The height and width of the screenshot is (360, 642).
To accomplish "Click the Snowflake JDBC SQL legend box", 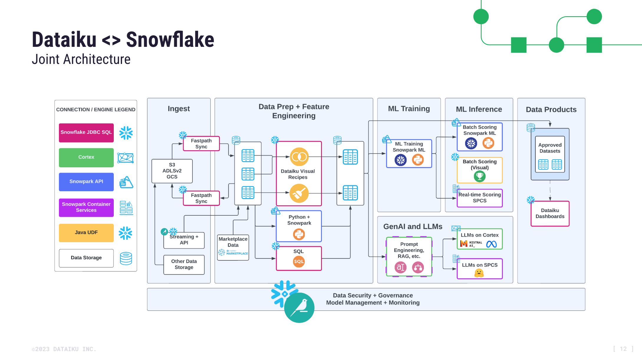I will click(x=86, y=133).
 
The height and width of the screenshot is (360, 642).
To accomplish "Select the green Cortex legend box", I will click(x=86, y=157).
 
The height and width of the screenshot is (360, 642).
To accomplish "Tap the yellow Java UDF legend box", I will click(x=86, y=232).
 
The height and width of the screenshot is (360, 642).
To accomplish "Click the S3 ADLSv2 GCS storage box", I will click(x=172, y=171).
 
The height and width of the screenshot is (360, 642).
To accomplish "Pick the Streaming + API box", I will click(x=184, y=240).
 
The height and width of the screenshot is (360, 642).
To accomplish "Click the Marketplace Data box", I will click(x=233, y=247).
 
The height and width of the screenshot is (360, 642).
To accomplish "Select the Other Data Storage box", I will click(x=184, y=264).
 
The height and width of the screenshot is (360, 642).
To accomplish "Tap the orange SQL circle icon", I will click(x=299, y=261).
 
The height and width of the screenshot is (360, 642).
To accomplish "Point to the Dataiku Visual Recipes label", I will click(x=298, y=174).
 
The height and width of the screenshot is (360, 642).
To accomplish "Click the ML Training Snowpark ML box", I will click(x=409, y=153).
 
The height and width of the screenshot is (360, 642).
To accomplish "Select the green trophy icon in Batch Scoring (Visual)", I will click(x=480, y=176).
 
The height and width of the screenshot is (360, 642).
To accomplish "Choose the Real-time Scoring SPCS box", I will click(x=480, y=198).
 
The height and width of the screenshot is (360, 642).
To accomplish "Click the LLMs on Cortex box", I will click(x=480, y=239).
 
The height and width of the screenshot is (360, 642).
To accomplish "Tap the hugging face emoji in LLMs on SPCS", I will click(x=479, y=273).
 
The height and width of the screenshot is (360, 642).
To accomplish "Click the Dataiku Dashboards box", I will click(x=550, y=214).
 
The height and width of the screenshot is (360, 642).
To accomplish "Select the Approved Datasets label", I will click(x=550, y=148).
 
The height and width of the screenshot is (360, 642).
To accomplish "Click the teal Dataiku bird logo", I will click(x=299, y=308).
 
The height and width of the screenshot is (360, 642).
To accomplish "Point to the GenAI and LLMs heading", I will click(x=413, y=226).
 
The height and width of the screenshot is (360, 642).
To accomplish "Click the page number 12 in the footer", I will click(x=623, y=349).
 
